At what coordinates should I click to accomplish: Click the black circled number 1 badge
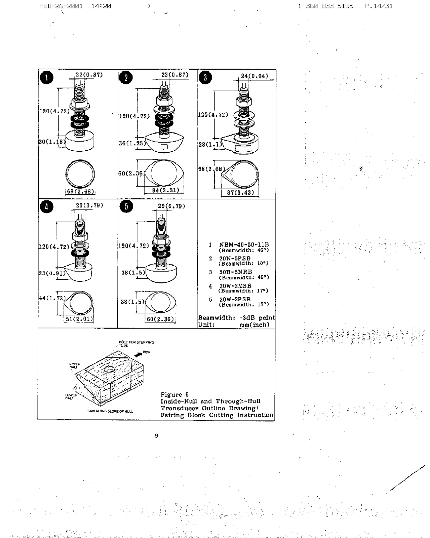46,78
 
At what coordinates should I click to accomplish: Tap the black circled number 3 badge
205,77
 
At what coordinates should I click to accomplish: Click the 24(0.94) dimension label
255,76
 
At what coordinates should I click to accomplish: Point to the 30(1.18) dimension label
52,142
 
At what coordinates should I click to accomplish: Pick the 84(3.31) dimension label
165,190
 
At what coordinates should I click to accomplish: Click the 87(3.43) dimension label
240,193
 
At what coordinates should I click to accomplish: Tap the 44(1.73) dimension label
52,298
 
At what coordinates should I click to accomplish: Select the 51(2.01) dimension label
79,319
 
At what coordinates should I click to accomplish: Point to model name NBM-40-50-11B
244,245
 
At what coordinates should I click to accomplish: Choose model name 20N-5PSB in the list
235,258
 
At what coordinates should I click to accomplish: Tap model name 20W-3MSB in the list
235,286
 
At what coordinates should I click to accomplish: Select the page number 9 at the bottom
156,436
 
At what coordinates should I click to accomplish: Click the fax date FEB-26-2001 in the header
61,6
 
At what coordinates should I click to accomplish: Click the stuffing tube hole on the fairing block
109,370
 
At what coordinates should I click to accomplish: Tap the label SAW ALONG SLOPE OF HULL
110,411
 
